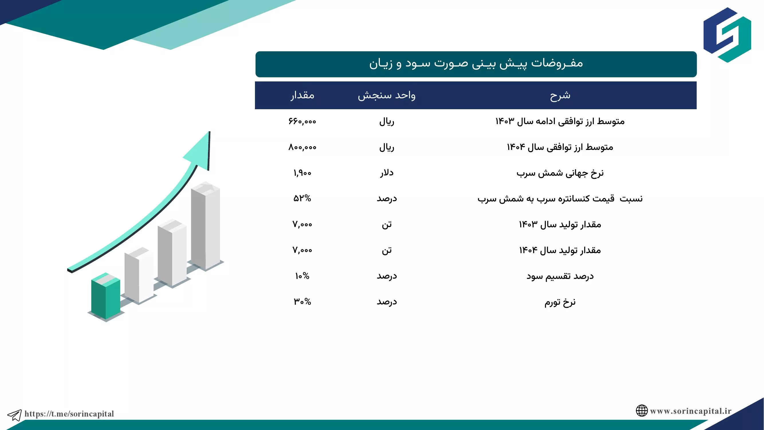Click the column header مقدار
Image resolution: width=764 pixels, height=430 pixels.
[302, 95]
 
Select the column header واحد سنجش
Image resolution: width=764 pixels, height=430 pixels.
[386, 95]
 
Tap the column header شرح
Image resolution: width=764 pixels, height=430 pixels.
[560, 95]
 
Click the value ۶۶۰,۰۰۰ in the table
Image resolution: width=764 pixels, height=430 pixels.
[302, 121]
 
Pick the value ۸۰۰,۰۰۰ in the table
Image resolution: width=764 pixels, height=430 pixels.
[302, 147]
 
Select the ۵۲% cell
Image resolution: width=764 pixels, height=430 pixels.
[302, 199]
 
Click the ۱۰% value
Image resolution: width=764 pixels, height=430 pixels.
[302, 276]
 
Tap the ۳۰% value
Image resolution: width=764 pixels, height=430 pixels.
[302, 302]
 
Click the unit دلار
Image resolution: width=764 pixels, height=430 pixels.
[387, 173]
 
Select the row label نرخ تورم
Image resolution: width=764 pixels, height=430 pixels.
[560, 302]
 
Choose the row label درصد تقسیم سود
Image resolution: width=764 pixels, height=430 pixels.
[560, 276]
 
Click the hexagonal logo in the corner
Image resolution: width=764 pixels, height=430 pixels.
[727, 35]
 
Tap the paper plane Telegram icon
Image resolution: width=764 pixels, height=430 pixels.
[14, 415]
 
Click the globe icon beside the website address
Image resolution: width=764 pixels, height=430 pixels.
[641, 411]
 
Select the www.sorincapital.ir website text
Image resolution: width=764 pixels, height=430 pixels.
[691, 411]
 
